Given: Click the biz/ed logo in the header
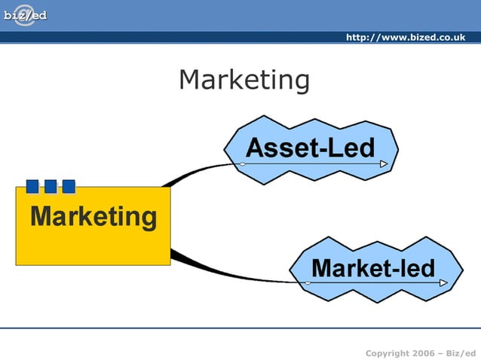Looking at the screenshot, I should tap(25, 15).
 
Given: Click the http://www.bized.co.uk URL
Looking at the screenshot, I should tap(405, 38).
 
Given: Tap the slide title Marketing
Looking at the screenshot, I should tap(244, 80).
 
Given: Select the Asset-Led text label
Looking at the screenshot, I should tap(310, 147).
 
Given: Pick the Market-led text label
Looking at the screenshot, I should tap(373, 267).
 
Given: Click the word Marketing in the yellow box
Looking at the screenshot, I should tap(93, 217).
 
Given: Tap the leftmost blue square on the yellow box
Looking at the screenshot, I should tap(32, 186).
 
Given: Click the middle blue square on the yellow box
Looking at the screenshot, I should tap(51, 186).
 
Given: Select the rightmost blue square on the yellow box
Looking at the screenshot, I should tap(69, 186).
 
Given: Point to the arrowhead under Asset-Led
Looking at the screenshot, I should tap(384, 163).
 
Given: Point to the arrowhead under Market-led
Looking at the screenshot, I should tap(443, 283).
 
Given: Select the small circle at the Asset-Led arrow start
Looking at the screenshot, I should tap(243, 163).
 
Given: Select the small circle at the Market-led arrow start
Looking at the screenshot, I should tap(308, 283).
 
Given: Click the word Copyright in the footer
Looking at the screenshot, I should tap(387, 353).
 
